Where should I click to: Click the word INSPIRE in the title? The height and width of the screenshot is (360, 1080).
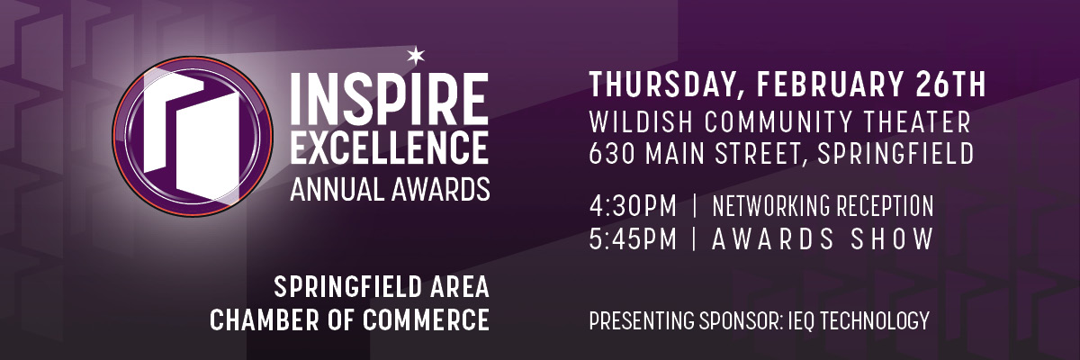[x=390, y=98]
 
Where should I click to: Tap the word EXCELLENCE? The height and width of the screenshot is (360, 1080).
[x=390, y=147]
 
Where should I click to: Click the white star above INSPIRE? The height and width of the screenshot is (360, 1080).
[x=416, y=56]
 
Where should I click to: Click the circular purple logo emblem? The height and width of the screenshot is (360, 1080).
[x=193, y=137]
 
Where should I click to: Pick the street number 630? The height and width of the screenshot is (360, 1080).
[x=611, y=154]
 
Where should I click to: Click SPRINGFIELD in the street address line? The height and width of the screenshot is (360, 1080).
[x=895, y=154]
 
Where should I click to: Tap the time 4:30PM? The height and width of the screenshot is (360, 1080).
[x=633, y=206]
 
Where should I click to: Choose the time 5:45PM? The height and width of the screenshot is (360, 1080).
[x=633, y=239]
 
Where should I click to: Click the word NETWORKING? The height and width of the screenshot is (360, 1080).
[x=772, y=206]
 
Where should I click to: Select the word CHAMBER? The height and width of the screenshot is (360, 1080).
[x=265, y=320]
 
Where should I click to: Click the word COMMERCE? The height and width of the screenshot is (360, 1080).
[x=426, y=320]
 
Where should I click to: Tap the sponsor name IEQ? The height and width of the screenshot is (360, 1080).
[x=803, y=321]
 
